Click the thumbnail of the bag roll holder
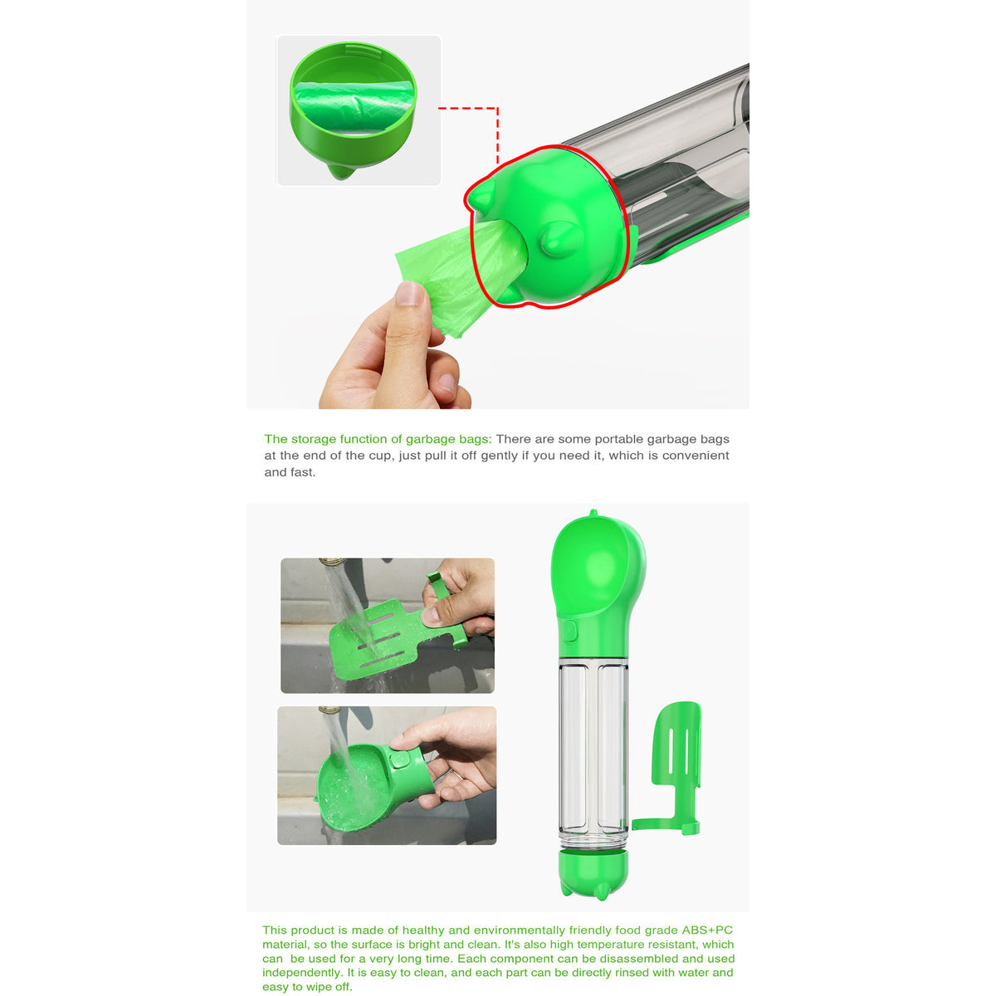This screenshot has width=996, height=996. pos(358,110)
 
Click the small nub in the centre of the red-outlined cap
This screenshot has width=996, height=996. pos(554,240)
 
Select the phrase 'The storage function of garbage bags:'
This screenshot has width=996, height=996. pos(378,439)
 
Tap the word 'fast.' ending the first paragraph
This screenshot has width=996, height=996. pos(301,472)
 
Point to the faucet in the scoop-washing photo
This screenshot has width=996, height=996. pos(333,564)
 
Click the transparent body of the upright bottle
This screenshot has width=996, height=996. pos(593,747)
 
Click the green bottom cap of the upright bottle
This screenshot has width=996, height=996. pos(593,871)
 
